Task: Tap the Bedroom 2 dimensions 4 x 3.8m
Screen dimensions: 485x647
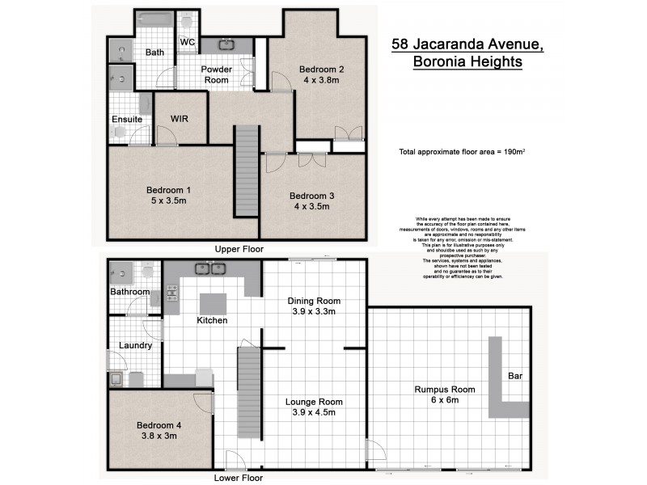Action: [321, 81]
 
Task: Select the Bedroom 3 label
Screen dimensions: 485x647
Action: [312, 196]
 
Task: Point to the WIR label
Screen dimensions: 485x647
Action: [180, 118]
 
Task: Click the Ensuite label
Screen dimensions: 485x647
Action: [127, 120]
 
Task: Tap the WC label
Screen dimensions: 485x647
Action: [188, 41]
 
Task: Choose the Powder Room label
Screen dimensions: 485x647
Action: [217, 74]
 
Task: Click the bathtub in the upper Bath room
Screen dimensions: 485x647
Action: [155, 20]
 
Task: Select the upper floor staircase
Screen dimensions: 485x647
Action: [247, 170]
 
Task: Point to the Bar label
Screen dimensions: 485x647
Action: [515, 376]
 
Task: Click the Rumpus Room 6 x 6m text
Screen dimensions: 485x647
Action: [445, 394]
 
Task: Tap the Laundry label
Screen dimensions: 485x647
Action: [135, 345]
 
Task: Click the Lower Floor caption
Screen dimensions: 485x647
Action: [238, 478]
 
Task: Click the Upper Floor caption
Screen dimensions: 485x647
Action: [238, 249]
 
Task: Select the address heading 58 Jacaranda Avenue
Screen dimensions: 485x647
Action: [467, 44]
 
